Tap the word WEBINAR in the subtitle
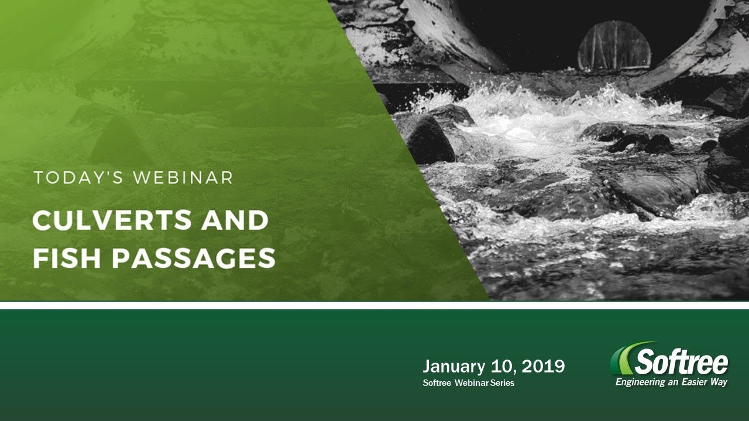(x=183, y=178)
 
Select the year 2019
(x=543, y=367)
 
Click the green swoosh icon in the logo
(x=623, y=358)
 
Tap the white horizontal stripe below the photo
(x=374, y=305)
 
